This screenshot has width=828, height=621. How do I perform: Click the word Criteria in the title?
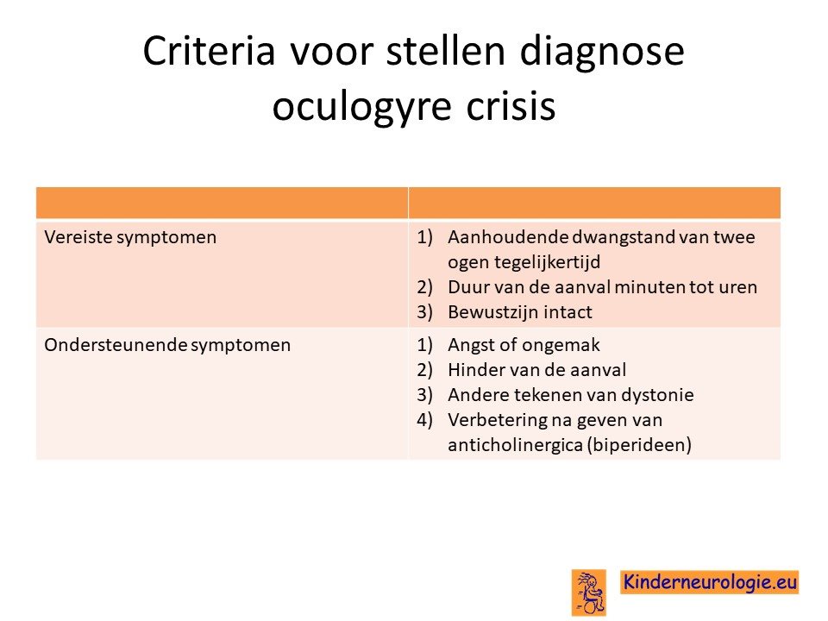pos(209,51)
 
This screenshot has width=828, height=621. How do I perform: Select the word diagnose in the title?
pos(602,51)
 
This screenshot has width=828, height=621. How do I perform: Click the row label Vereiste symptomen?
pos(130,238)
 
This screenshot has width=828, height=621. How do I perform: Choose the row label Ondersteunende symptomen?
pos(167,345)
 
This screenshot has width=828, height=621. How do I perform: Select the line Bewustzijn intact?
pos(520,312)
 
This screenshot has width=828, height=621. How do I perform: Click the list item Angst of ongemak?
pos(524,345)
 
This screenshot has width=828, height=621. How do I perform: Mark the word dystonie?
pos(657,395)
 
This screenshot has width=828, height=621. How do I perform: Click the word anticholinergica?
pos(515,445)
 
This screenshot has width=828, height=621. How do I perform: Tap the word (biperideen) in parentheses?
pos(639,445)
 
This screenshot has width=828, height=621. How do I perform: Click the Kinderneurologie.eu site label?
pos(710,582)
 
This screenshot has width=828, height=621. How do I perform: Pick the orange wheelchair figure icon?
pos(589,593)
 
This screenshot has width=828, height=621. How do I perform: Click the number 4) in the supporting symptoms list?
pos(424,420)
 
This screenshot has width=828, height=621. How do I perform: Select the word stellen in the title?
pos(446,51)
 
